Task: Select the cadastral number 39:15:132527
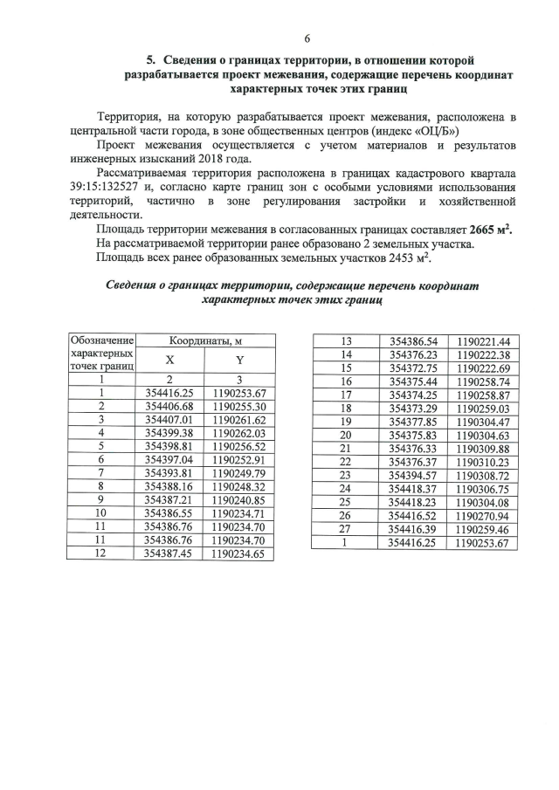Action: point(107,188)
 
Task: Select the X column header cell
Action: point(169,360)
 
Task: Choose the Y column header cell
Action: point(238,360)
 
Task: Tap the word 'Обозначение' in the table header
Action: point(102,340)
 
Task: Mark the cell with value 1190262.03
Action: point(238,432)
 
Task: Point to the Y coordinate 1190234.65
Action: point(238,553)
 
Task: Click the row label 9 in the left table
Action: point(102,499)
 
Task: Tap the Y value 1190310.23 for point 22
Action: point(483,462)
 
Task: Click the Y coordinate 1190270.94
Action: point(483,515)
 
